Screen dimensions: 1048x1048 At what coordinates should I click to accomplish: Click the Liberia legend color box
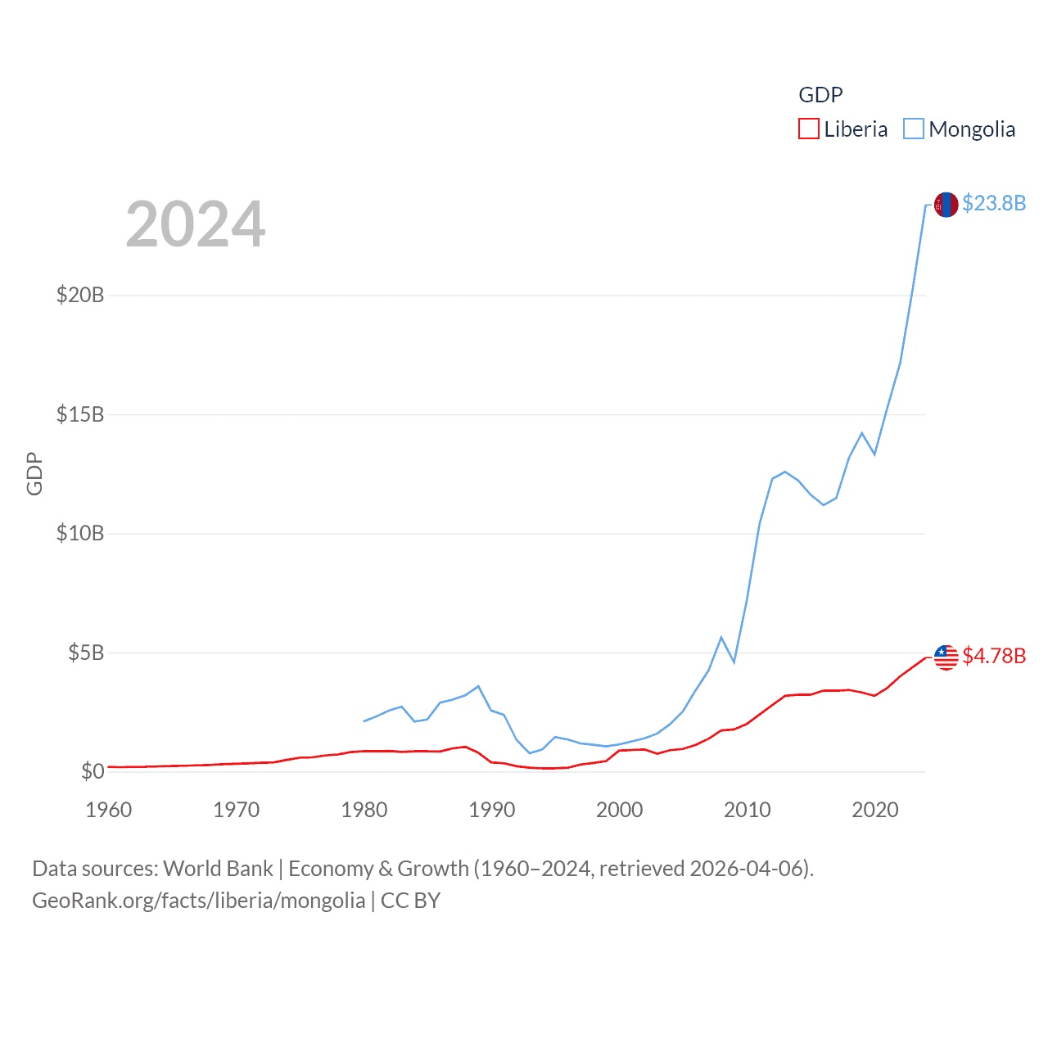pos(808,129)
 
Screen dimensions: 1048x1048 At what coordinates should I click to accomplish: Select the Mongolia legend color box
pos(914,129)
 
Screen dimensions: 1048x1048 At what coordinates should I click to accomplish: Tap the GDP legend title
pos(820,95)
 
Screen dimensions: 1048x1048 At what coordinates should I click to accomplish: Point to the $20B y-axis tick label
pos(80,295)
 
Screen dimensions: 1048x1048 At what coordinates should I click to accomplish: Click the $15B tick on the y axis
pos(80,414)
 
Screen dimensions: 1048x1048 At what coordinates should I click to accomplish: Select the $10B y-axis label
pos(80,534)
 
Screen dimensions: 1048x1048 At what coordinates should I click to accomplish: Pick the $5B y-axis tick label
pos(86,653)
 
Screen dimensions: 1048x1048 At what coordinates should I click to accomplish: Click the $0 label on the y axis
pos(93,771)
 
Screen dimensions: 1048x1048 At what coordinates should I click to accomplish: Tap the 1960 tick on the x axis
pos(108,810)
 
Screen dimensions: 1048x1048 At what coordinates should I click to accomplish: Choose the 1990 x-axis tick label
pos(491,810)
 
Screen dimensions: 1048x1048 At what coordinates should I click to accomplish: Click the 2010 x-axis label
pos(747,810)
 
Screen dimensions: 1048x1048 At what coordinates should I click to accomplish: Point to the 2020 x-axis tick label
pos(874,810)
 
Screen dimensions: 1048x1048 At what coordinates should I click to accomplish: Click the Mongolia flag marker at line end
pos(946,205)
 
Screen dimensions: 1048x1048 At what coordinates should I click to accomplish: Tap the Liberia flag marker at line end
pos(946,657)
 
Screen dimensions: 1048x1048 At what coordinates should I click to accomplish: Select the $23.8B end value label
pos(994,203)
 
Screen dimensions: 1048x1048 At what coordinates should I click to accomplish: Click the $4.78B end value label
pos(994,656)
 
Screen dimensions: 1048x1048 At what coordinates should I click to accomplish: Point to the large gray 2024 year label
pos(195,224)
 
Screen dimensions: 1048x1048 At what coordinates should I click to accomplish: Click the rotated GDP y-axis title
pos(34,473)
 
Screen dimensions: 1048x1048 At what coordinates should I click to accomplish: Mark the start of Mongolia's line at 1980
pos(364,721)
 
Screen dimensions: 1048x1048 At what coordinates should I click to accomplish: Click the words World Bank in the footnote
pos(218,869)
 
